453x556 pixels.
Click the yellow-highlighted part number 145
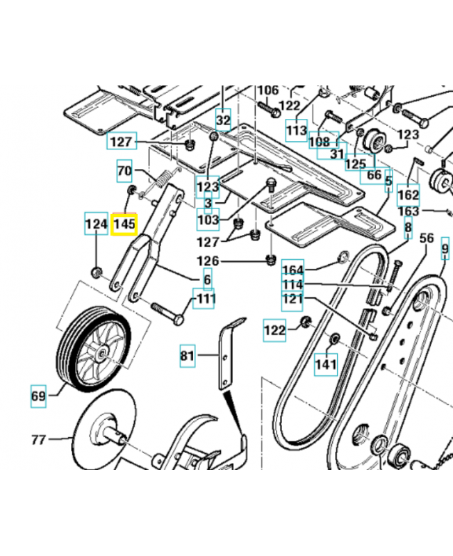tap(124, 224)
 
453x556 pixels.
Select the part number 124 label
tap(96, 224)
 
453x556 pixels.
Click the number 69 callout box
tap(38, 396)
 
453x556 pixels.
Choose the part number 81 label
tap(188, 357)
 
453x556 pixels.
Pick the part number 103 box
tap(208, 220)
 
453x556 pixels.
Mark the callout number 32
tap(222, 120)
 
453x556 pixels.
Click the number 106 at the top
tap(268, 90)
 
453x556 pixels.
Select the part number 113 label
tap(296, 129)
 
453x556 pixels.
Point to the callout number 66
tap(374, 174)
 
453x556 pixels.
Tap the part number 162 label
tap(408, 194)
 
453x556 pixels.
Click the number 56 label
tap(427, 238)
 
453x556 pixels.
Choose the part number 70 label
tap(124, 170)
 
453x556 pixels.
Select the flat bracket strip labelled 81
tap(226, 358)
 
